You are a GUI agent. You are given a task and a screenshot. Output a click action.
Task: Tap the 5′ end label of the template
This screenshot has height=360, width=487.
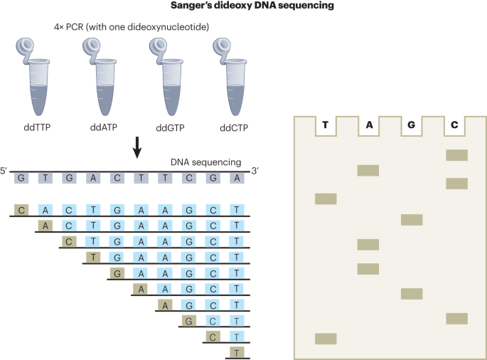(x=4, y=172)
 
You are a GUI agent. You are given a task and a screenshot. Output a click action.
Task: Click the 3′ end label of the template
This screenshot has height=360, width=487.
(x=256, y=172)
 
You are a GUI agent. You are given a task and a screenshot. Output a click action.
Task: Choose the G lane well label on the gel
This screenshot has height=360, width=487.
(x=412, y=126)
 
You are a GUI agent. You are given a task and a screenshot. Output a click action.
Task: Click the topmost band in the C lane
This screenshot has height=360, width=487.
(x=456, y=155)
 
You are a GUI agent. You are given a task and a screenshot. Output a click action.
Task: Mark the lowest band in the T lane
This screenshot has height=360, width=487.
(x=326, y=339)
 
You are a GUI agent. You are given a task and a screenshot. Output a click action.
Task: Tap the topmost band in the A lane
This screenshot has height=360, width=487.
(x=368, y=170)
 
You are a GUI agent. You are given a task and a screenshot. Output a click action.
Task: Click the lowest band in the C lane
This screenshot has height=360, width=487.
(x=456, y=318)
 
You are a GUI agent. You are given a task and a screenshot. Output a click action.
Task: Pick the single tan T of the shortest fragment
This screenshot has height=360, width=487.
(x=236, y=351)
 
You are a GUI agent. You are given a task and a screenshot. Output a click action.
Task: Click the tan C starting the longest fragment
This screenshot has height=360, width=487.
(x=22, y=209)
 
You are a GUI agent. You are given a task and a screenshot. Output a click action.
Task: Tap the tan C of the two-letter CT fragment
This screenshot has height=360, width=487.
(x=212, y=335)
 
